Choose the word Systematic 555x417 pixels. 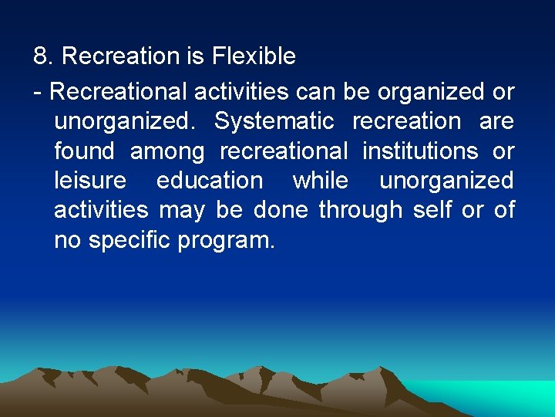click(x=274, y=122)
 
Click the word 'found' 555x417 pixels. click(x=84, y=151)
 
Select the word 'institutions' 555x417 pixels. click(x=419, y=151)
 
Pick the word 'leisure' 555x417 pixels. click(x=90, y=181)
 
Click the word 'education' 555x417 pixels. click(x=210, y=181)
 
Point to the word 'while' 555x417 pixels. click(x=321, y=181)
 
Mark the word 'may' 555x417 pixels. click(x=183, y=211)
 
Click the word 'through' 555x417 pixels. click(x=360, y=210)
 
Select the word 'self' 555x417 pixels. click(x=432, y=210)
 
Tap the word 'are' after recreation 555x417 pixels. click(x=496, y=122)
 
